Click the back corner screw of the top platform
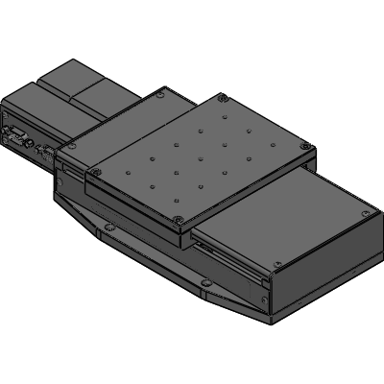222,96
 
